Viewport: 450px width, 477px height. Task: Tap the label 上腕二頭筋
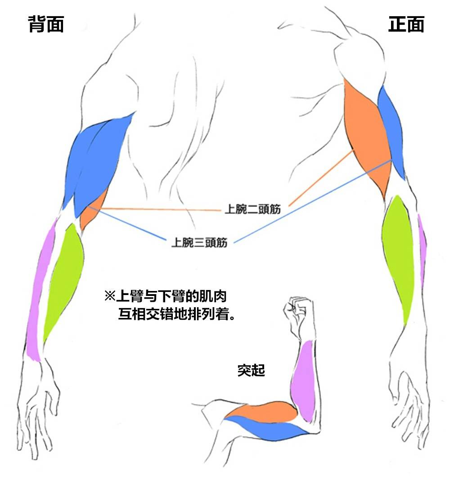pyautogui.click(x=252, y=209)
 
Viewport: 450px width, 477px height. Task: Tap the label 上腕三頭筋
pyautogui.click(x=199, y=243)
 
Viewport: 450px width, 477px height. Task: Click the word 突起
pyautogui.click(x=251, y=370)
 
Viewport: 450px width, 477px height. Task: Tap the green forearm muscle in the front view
pyautogui.click(x=398, y=257)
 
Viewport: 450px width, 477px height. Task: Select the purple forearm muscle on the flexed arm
pyautogui.click(x=304, y=378)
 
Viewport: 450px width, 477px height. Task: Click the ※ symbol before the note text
pyautogui.click(x=110, y=296)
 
